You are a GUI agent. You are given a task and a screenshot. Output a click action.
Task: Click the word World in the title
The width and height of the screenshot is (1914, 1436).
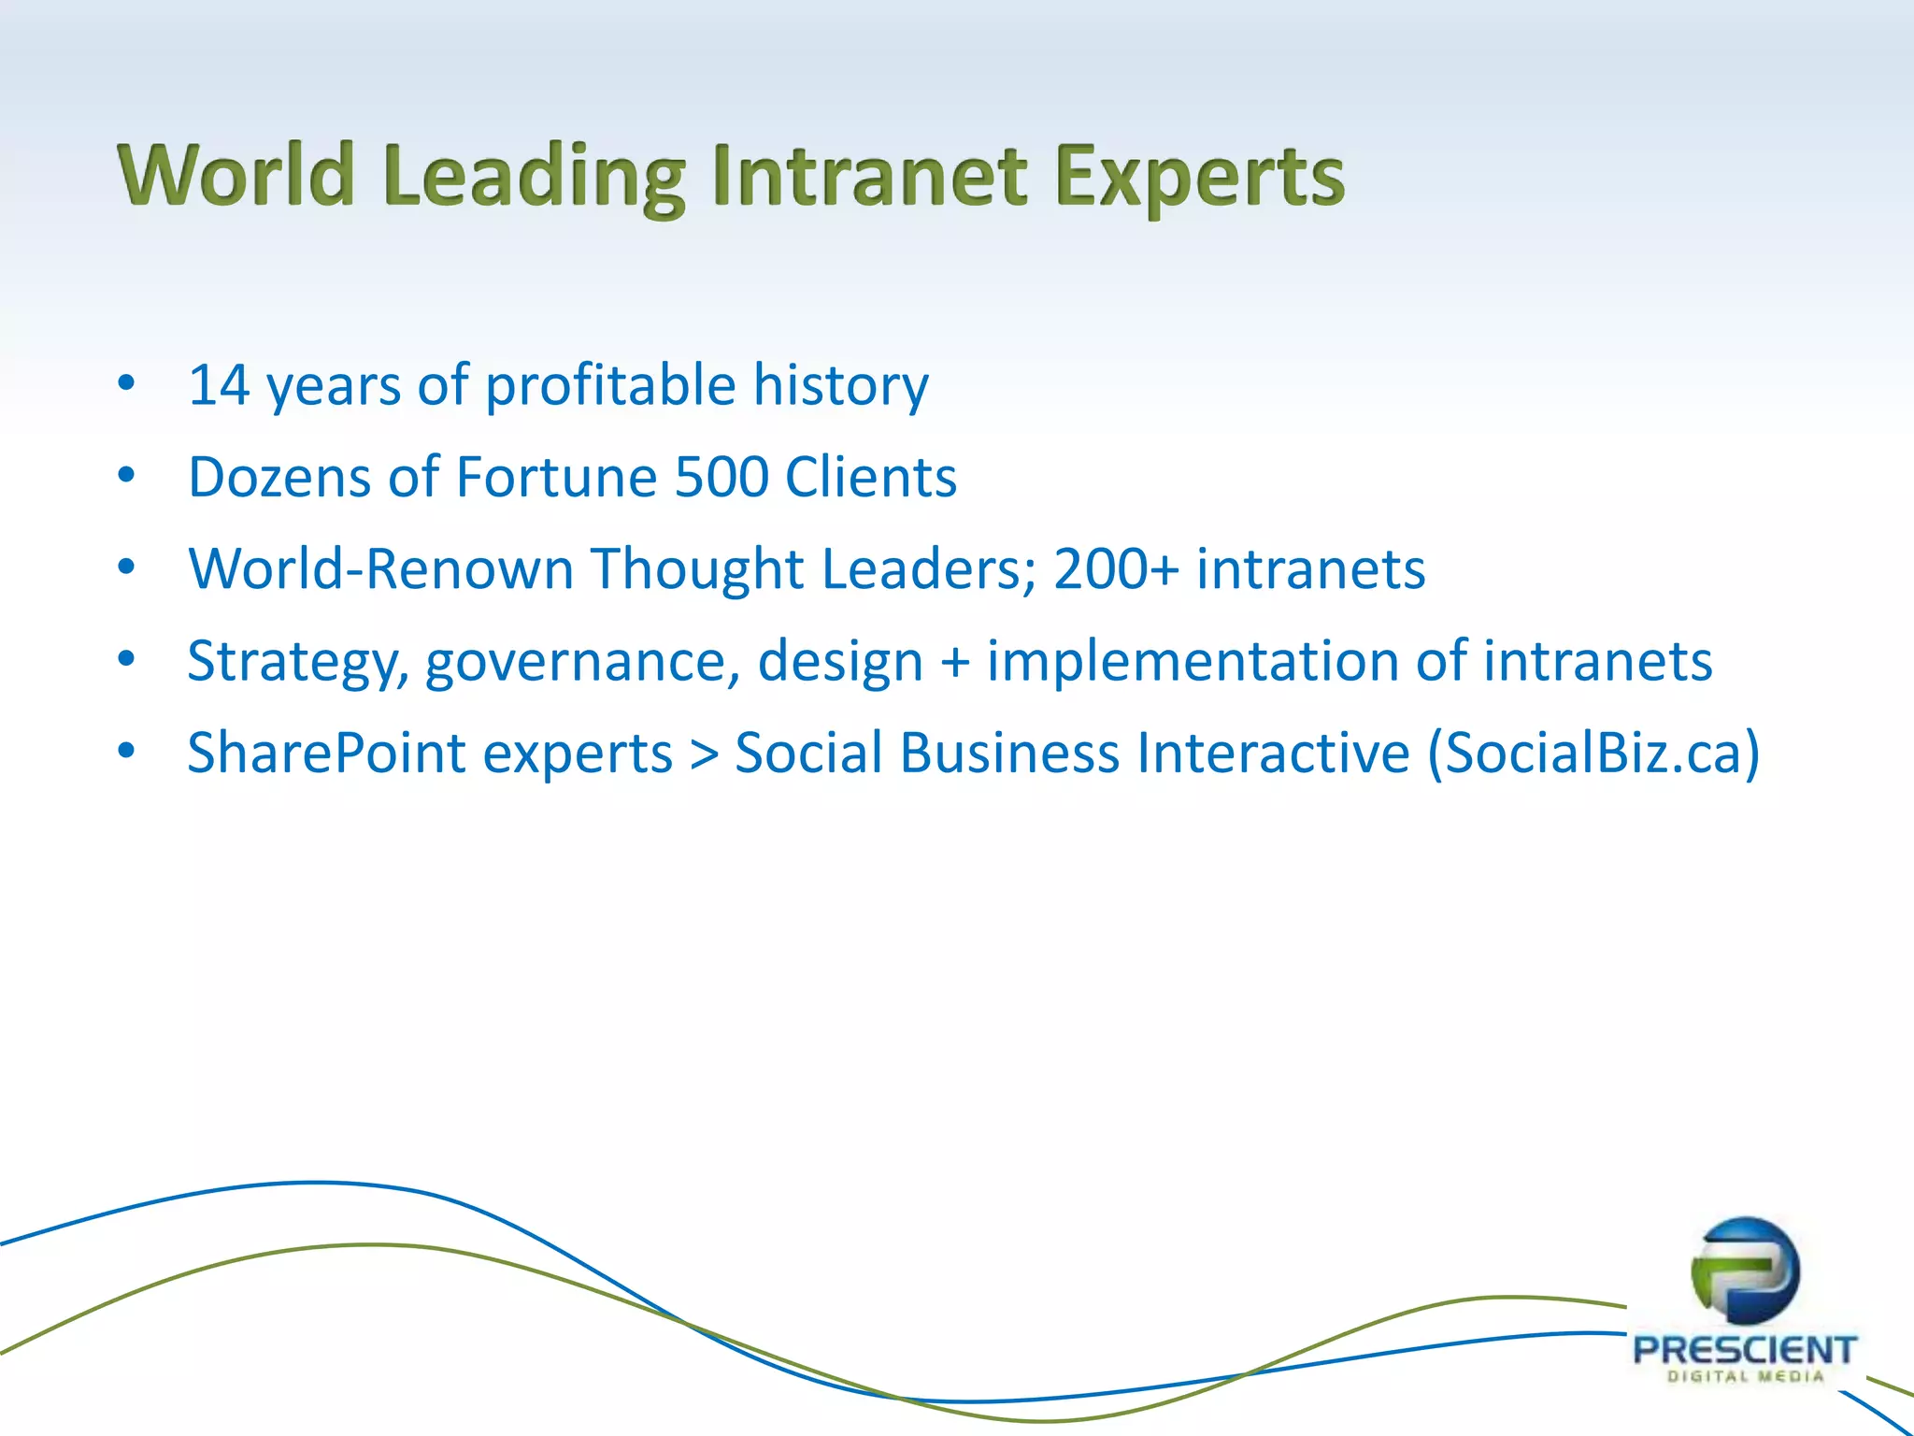(x=236, y=176)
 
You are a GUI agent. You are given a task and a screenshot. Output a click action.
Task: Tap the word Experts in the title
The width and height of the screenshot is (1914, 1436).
(x=1200, y=178)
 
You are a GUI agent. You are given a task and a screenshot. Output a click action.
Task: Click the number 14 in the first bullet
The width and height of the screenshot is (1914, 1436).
(x=220, y=385)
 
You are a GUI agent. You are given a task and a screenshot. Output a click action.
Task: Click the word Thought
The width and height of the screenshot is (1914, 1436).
(x=697, y=568)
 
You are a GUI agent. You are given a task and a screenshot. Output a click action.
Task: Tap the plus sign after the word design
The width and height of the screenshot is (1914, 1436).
(x=955, y=662)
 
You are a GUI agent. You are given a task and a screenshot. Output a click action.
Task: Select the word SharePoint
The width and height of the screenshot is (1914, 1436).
(x=326, y=753)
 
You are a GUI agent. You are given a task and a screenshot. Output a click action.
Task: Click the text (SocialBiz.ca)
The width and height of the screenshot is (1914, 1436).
(x=1593, y=753)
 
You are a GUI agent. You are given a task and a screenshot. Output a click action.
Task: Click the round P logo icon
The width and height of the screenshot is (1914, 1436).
(x=1745, y=1271)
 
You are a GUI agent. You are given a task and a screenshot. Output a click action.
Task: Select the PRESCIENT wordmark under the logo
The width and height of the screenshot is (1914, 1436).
(x=1744, y=1350)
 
